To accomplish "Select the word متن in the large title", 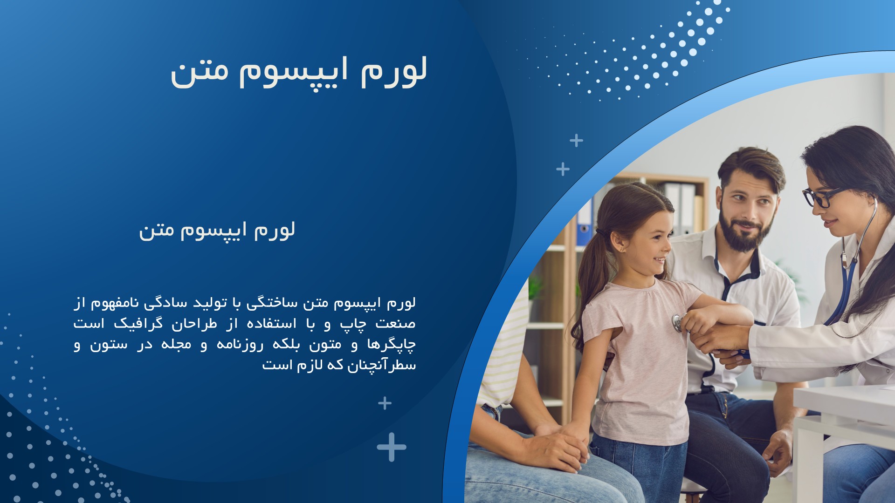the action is [200, 74].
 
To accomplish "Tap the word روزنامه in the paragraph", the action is [240, 345].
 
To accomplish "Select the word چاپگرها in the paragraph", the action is [391, 345].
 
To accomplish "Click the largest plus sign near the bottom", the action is [392, 447].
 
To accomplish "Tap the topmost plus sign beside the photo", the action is [577, 140].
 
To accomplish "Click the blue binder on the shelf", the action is [585, 222].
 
